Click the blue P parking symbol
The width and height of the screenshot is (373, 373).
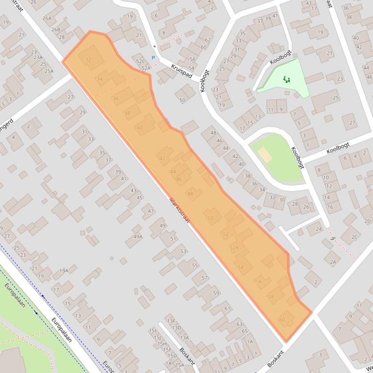point(153,58)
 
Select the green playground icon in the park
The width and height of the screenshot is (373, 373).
point(287,79)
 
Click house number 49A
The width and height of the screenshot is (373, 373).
point(138,237)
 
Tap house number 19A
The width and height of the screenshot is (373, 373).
point(64,271)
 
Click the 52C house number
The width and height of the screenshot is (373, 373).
point(140,62)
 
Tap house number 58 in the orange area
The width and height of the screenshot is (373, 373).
point(271,296)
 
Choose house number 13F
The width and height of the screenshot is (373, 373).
point(170,321)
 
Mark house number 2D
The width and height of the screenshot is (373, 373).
point(368,221)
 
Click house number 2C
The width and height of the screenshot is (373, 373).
point(354,237)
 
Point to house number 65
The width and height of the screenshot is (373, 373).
point(244,332)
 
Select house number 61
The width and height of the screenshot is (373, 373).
point(227,308)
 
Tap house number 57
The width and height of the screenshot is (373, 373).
point(204,278)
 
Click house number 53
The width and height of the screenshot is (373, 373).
point(183,251)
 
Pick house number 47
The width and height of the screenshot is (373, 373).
point(151,211)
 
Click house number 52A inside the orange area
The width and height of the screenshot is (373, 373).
point(234,248)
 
